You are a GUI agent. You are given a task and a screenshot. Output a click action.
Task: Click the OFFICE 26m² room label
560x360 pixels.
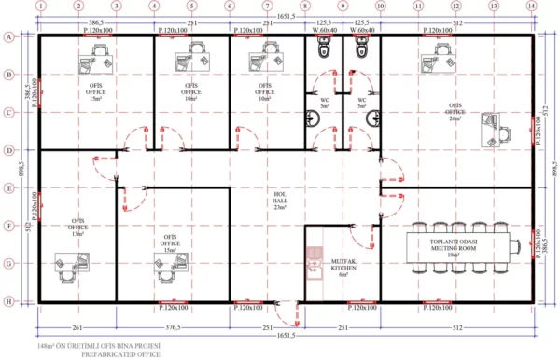point(456,111)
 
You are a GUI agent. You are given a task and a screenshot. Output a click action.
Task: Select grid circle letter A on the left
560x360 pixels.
point(8,37)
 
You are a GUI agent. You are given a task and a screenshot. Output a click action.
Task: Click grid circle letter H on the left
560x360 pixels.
point(8,301)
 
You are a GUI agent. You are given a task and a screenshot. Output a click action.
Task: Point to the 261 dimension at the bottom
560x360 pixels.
point(77,327)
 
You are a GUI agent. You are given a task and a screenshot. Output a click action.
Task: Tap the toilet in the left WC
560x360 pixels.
point(324,56)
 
